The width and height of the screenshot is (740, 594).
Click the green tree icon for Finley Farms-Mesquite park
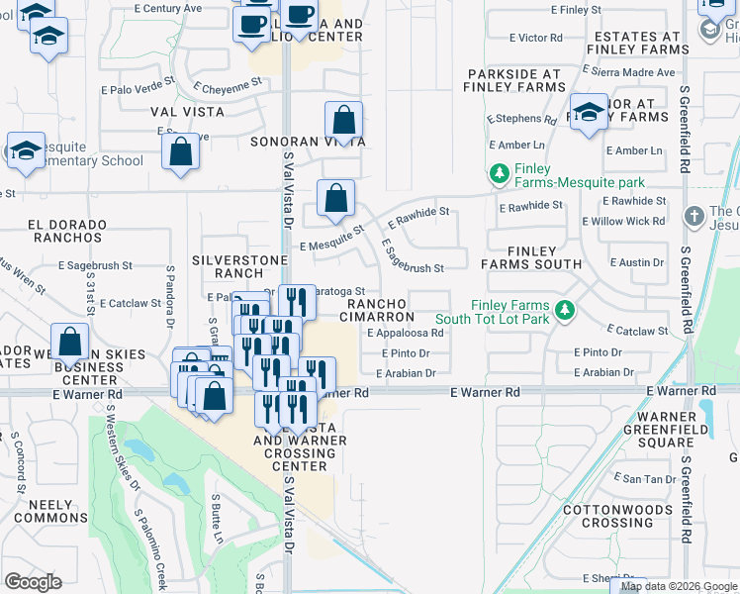500,174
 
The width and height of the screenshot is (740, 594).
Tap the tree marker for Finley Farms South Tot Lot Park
565,311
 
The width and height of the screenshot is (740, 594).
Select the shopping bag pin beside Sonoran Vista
343,122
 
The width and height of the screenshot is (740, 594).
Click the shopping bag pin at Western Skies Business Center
70,344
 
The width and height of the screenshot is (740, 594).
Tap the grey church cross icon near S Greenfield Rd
694,216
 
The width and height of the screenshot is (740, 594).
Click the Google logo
33,581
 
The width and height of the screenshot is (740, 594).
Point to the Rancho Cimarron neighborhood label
379,310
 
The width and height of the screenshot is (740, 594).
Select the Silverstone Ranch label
240,266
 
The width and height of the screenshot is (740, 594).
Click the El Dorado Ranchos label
66,231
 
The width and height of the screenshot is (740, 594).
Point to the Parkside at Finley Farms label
514,81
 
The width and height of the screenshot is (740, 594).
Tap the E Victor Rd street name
535,38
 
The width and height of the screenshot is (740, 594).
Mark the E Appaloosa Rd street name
409,334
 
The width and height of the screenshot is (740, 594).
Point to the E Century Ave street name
167,8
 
